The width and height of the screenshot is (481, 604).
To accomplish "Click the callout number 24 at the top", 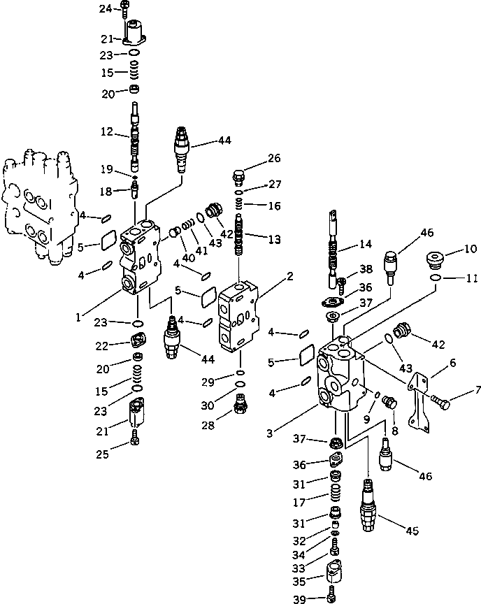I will (x=105, y=8).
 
